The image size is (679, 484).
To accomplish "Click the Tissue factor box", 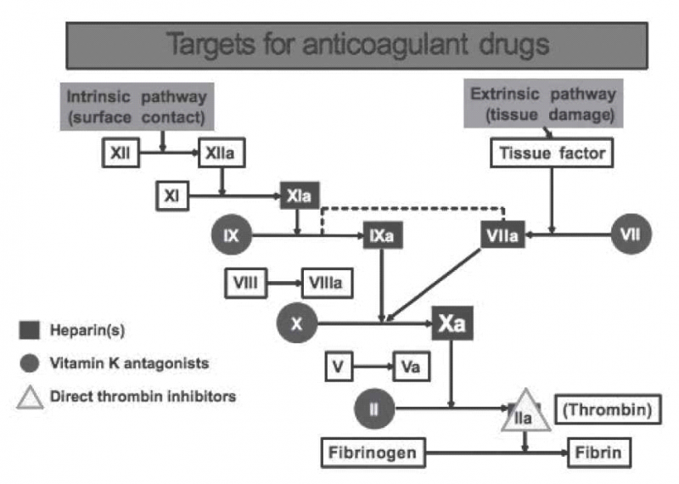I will point(551,154).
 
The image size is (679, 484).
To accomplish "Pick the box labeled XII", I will point(119,155).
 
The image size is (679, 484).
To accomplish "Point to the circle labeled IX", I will point(232,237).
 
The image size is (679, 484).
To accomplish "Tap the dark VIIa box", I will point(500,237).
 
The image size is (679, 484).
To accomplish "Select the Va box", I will point(410,369).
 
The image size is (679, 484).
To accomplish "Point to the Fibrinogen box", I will point(373,453).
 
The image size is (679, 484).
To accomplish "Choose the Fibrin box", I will point(599,453).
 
